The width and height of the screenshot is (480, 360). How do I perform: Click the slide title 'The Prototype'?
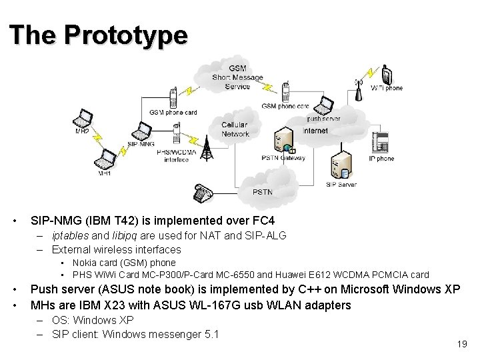coord(99,35)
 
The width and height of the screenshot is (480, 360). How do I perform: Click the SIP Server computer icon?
coord(340,167)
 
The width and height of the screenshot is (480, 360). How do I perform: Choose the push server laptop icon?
coord(323,105)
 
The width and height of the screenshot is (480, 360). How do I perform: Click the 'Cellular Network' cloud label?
coord(235,129)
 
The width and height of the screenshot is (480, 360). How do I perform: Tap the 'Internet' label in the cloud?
coord(315,131)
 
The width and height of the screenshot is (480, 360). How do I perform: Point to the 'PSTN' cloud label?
coord(263,192)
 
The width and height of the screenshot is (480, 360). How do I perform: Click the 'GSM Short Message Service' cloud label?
coord(237,77)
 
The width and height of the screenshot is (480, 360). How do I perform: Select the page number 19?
coord(461,344)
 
